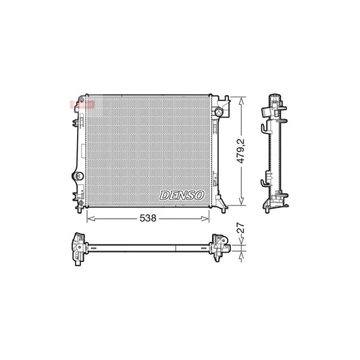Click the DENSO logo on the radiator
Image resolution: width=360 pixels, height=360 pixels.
[x=181, y=195]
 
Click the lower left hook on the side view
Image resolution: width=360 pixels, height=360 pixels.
[x=262, y=182]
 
